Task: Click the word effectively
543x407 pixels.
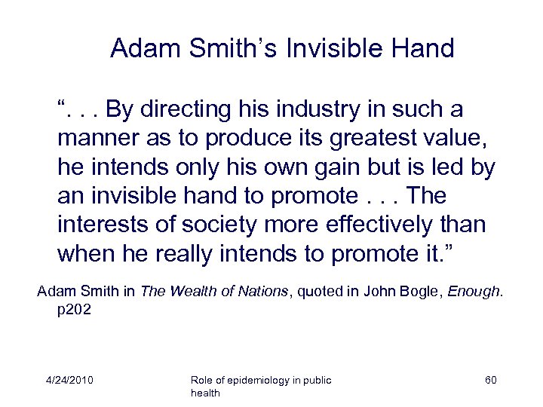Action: coord(372,225)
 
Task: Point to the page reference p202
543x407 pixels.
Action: coord(75,309)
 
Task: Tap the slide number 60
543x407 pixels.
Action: coord(490,380)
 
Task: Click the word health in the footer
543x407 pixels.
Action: coord(206,393)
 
